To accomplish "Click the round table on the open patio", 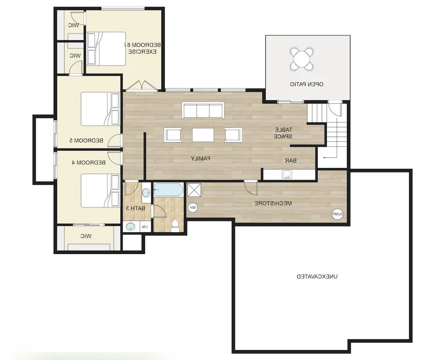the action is coord(302,59).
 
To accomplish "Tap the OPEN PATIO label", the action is coord(306,84).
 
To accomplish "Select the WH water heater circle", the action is coord(193,207).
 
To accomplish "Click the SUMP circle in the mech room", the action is coord(337,214).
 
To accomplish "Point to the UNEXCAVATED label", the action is coord(317,276).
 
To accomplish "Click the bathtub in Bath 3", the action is coord(168,190).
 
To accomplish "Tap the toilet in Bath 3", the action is coord(175,226).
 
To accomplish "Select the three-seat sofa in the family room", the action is coord(203,110).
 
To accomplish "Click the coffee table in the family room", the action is coord(203,135).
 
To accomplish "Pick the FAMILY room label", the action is coord(200,158).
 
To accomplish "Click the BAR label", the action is coord(291,160).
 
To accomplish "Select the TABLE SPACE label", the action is coord(284,133).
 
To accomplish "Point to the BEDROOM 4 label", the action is coord(89,163).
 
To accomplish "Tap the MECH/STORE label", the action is coord(273,203).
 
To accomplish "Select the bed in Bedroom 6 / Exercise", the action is coord(106,49).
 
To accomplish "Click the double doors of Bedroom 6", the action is coord(142,86).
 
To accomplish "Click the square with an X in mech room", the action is coord(194,190).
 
